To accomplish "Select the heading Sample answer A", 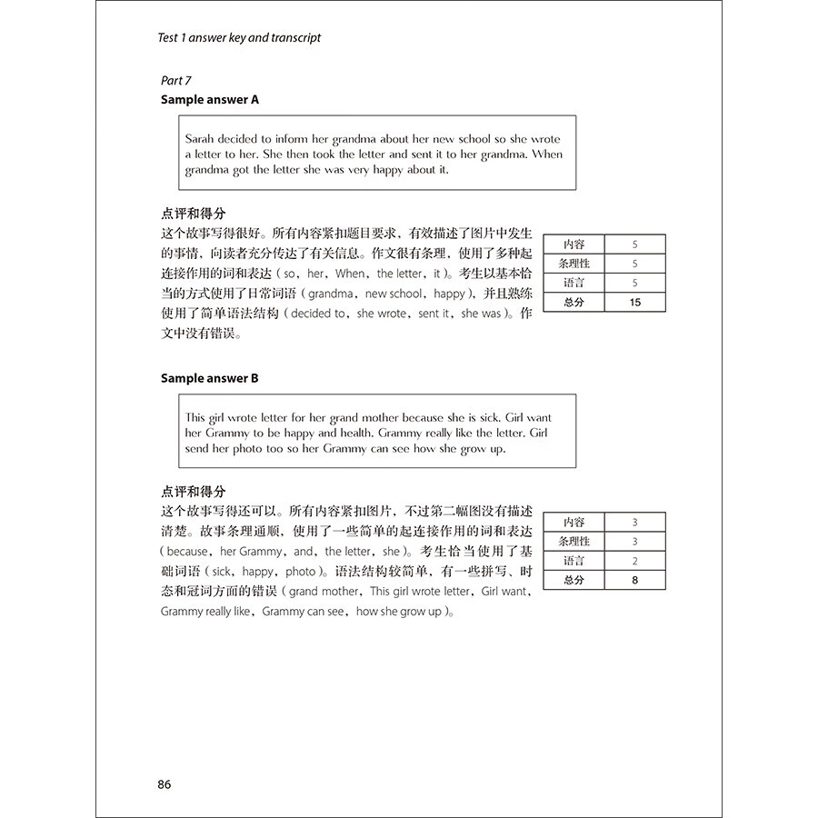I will tap(210, 100).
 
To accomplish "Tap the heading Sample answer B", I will tap(210, 378).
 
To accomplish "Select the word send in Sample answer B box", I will tap(201, 449).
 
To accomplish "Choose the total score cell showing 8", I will tap(634, 580).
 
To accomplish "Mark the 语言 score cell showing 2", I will tap(634, 561).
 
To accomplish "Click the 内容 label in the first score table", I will tap(574, 244).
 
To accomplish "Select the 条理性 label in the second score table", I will tap(574, 542).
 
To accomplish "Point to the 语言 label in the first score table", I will tap(574, 283).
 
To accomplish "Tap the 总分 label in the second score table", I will tap(574, 580).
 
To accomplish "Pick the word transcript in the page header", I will tap(294, 37).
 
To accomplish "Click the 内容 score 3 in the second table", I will tap(634, 522).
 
